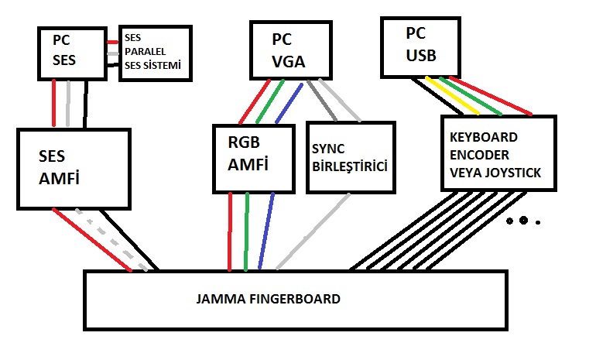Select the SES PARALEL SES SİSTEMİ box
click(x=155, y=52)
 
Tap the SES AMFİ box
click(x=72, y=168)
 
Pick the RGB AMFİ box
click(x=254, y=159)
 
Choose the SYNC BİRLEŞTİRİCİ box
click(x=351, y=159)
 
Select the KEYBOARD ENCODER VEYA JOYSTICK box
click(x=498, y=153)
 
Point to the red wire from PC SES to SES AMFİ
click(x=53, y=103)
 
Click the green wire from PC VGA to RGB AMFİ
click(x=266, y=101)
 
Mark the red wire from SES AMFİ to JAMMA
click(x=91, y=240)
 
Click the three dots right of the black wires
click(x=522, y=221)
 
